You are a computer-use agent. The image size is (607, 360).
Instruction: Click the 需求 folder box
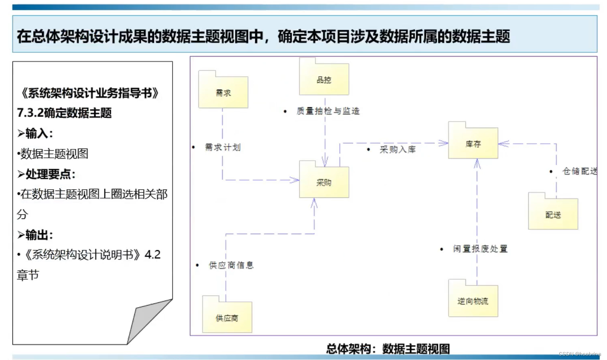(223, 92)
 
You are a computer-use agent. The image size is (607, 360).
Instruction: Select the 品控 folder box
(324, 80)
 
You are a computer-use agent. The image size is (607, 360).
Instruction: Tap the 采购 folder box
(324, 182)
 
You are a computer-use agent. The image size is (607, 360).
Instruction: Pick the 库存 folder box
(473, 144)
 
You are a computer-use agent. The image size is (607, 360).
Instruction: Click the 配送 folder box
(553, 215)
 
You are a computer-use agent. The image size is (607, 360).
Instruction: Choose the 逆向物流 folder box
(473, 301)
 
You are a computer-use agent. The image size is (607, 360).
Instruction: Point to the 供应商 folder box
(227, 318)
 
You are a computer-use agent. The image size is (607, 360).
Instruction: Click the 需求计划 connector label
(223, 147)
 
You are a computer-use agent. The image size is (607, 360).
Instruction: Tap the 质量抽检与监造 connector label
(328, 111)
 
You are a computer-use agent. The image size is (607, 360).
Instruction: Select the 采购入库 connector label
(397, 149)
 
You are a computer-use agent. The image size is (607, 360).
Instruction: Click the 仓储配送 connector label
(580, 171)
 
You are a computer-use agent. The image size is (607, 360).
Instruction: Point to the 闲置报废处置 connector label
(480, 249)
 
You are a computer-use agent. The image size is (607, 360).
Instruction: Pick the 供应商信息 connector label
(231, 265)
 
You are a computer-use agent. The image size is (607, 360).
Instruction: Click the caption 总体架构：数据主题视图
(388, 348)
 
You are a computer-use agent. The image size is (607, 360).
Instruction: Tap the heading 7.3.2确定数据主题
(65, 113)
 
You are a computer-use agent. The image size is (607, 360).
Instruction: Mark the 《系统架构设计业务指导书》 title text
(90, 93)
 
